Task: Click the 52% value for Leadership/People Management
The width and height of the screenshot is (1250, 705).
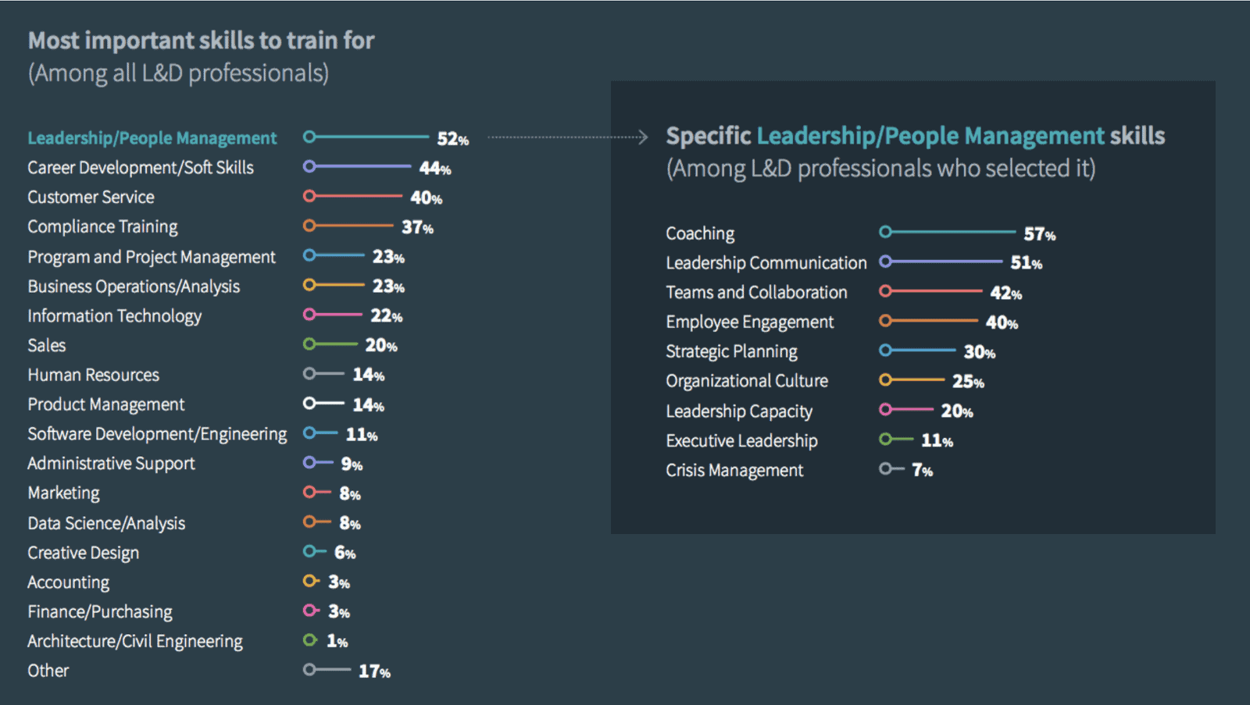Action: click(452, 139)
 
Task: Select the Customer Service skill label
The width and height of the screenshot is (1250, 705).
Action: click(91, 198)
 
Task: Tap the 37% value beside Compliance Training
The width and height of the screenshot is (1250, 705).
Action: click(417, 227)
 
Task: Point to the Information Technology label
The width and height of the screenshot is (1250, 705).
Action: click(114, 316)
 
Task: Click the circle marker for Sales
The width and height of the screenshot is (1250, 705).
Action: click(309, 344)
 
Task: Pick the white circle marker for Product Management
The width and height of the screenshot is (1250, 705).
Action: click(309, 403)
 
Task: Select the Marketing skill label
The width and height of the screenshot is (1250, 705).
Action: click(63, 493)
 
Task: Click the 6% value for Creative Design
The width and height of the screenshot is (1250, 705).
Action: click(345, 553)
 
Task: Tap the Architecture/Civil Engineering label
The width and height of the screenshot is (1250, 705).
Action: click(134, 642)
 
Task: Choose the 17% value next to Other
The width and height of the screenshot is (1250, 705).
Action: click(374, 671)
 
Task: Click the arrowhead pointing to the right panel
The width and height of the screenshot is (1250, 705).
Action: click(643, 137)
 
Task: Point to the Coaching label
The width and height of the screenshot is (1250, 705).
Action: click(700, 233)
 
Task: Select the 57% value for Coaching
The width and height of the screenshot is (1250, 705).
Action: click(1039, 234)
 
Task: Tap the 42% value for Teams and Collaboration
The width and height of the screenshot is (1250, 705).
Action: click(1005, 293)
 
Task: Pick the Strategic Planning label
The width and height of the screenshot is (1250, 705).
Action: click(731, 352)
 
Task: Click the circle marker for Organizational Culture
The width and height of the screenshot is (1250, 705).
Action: click(885, 379)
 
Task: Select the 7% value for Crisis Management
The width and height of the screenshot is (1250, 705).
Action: click(922, 470)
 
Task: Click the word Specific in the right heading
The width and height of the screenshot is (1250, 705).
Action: click(708, 136)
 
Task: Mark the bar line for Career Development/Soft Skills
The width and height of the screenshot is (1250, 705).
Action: click(363, 166)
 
